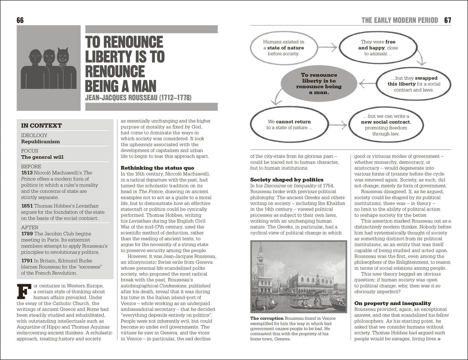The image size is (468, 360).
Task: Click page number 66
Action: click(20, 20)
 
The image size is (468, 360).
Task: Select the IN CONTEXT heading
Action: click(42, 125)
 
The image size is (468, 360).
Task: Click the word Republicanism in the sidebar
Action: click(41, 142)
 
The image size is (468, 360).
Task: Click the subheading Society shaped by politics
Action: click(287, 180)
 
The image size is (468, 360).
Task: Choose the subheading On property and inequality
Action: click(393, 303)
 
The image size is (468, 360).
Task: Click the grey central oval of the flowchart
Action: click(316, 83)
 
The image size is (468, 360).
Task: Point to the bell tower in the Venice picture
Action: click(260, 265)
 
